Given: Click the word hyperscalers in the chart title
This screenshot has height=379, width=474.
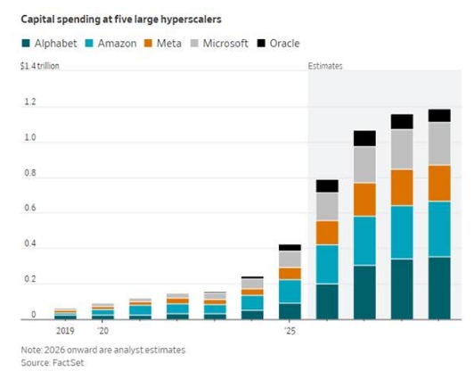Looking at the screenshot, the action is coord(191,20).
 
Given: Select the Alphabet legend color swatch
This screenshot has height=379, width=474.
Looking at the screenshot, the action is coord(26,44).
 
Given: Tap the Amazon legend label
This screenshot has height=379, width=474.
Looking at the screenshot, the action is coord(117,44).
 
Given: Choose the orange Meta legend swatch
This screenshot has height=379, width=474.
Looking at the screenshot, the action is coord(148,44).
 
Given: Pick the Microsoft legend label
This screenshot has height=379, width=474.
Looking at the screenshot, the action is coord(225,44).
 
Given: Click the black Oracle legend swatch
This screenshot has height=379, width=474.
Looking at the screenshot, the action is coord(261,44).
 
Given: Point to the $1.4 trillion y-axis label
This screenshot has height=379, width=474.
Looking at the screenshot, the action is coord(39,66).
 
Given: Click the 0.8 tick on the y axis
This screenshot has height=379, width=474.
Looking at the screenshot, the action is coord(30,173).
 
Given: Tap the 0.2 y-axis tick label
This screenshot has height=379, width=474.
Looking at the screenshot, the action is coord(30,279).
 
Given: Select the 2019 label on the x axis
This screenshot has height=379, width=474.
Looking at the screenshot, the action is coord(65,331).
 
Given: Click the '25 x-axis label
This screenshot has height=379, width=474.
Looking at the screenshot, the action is coord(290,331).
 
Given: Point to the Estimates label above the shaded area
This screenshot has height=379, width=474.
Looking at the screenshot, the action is coord(325,66).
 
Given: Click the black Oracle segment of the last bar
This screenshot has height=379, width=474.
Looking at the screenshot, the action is coord(439,116).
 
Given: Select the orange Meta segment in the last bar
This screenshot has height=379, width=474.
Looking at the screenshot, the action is coord(439,184).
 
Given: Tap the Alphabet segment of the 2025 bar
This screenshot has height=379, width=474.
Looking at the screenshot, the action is coord(290,311).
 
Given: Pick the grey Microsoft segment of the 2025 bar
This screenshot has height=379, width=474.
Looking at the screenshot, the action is coord(290,260).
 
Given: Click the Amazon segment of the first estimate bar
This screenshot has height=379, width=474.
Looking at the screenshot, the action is coord(327,264).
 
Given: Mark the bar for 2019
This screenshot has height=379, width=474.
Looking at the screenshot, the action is coord(65,314).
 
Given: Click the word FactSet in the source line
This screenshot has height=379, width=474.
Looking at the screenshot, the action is coord(68,363).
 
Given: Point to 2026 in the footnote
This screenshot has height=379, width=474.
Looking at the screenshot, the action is coord(54,350).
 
